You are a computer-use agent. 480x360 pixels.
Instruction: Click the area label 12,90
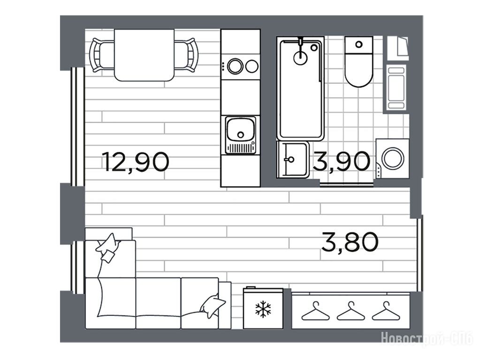pos(136,162)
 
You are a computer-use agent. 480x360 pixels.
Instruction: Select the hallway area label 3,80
pos(350,241)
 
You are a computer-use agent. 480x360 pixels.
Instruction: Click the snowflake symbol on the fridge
pos(263,308)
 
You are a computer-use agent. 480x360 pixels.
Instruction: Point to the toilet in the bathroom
pos(359,61)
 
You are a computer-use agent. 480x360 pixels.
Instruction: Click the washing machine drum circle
pos(393,158)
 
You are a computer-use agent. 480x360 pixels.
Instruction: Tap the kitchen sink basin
pos(241,128)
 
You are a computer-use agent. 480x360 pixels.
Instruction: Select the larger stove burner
pos(235,66)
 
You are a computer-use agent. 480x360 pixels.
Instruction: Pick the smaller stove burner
pos(252,67)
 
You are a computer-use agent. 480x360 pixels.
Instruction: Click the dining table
pos(144,55)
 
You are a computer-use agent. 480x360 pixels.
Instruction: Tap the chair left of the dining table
pos(102,55)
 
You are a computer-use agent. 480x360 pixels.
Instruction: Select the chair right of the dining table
pos(186,55)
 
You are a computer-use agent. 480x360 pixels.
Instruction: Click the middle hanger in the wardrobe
pos(350,311)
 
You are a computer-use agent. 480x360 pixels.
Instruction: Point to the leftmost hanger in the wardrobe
pos(315,311)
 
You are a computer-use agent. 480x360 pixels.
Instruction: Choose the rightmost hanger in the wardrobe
pos(386,311)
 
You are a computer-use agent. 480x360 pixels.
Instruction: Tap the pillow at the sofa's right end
pos(213,306)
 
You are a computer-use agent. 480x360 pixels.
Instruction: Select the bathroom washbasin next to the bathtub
pos(293,159)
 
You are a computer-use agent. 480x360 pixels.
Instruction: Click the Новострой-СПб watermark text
pos(427,339)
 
